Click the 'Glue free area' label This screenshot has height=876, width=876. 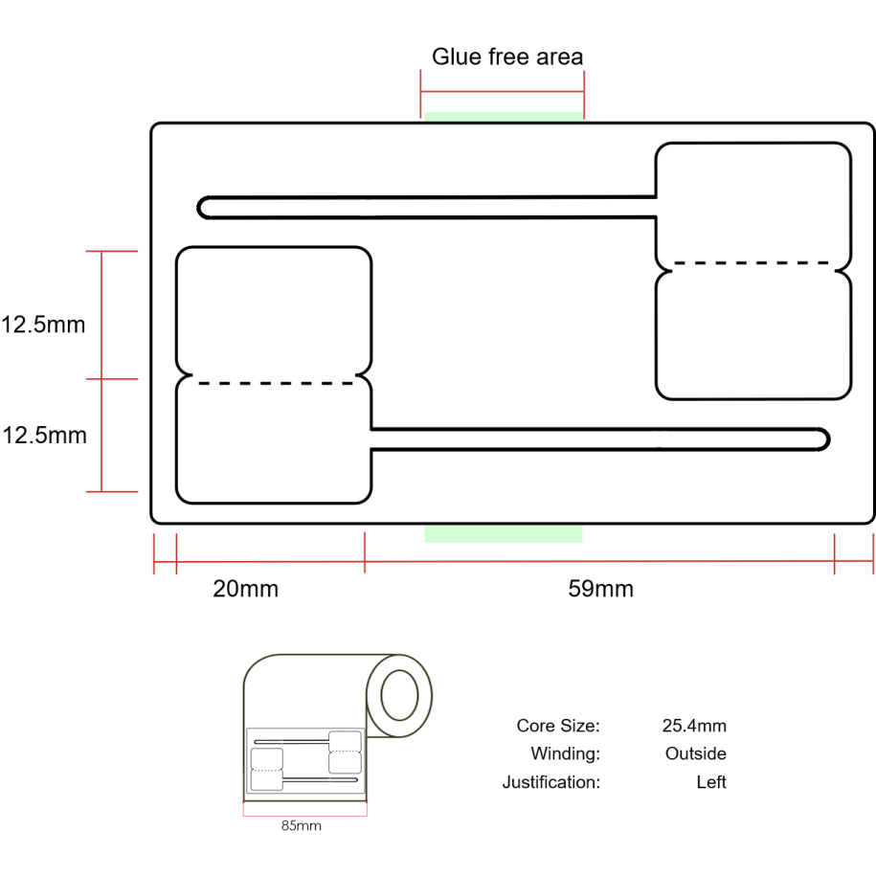point(507,57)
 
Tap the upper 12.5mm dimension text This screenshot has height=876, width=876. point(43,325)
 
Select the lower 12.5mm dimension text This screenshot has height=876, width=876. point(45,436)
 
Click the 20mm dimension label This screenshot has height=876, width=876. point(246,589)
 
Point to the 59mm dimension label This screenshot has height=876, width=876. point(600,589)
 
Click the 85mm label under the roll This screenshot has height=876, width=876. point(302,825)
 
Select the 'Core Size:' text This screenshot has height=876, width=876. point(558,726)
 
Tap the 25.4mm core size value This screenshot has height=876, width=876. point(694,726)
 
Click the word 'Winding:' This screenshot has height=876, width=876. point(566,753)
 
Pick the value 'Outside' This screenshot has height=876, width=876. point(696,753)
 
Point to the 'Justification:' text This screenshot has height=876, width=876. point(551,782)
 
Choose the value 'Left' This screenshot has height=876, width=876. point(711,782)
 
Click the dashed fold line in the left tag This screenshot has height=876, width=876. point(276,383)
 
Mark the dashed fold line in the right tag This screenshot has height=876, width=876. point(752,262)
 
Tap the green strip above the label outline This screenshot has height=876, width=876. point(504,117)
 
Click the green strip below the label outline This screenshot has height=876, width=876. point(504,533)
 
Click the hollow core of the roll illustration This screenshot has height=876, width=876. point(399,696)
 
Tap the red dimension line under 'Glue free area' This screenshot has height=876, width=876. point(503,91)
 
